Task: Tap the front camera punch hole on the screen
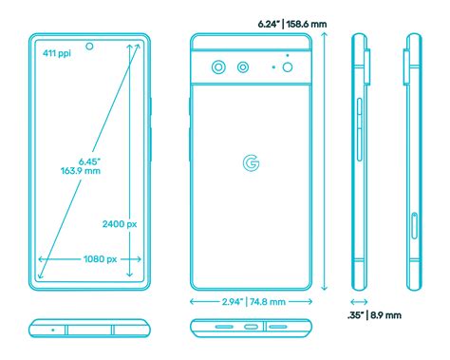coord(90,46)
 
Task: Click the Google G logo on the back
coord(252,163)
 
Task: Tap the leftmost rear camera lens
coord(219,67)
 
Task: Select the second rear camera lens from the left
coord(243,67)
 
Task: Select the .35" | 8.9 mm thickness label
coord(374,314)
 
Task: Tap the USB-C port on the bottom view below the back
coord(251,329)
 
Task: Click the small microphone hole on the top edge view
coord(53,329)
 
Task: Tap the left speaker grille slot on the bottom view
coord(225,329)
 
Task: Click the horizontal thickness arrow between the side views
coord(360,300)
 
